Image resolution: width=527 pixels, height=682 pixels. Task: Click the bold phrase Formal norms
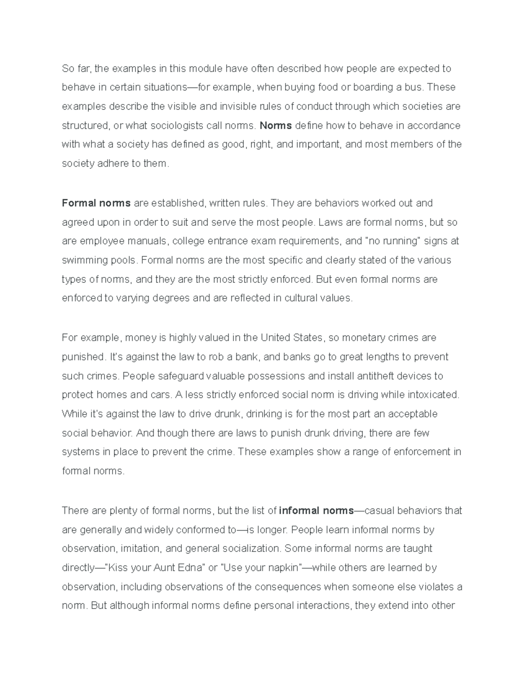tap(96, 203)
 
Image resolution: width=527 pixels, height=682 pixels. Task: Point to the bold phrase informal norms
tap(316, 510)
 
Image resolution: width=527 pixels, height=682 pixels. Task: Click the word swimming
tap(80, 260)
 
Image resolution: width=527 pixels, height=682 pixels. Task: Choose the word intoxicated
tap(433, 395)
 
